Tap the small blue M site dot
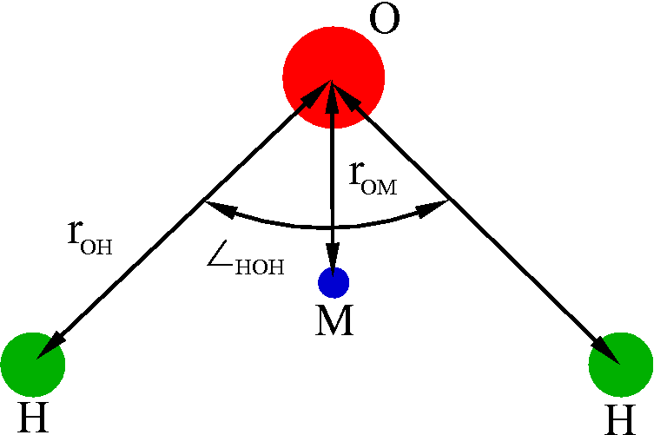[334, 282]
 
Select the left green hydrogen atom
[32, 364]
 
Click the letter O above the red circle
[385, 19]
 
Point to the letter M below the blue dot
[334, 322]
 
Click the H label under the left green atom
[32, 418]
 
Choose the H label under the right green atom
[620, 419]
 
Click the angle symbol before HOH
[221, 261]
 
